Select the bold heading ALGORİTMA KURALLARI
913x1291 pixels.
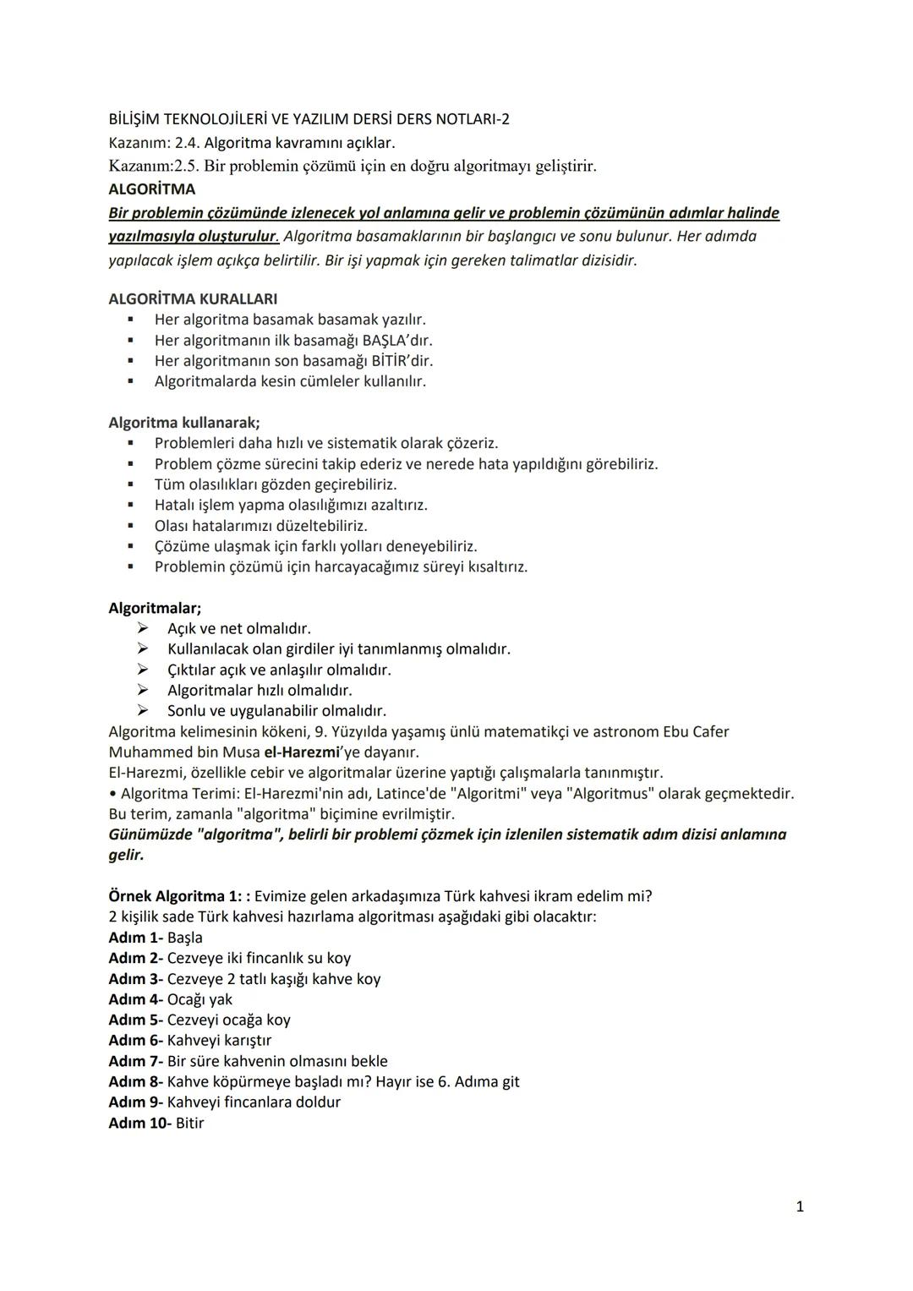[193, 298]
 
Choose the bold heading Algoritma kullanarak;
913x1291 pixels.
[184, 422]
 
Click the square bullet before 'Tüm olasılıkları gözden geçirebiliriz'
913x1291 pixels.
[130, 484]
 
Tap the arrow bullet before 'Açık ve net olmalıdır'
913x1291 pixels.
[143, 628]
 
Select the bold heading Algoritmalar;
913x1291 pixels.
[155, 608]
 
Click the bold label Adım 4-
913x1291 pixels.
[135, 999]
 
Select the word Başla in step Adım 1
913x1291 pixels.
[185, 938]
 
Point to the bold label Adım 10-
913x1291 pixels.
[139, 1123]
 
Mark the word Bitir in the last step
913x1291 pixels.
[189, 1123]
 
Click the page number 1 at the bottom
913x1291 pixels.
[800, 1206]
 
